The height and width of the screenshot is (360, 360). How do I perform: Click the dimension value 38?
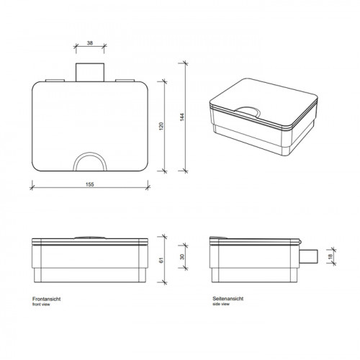tap(90, 43)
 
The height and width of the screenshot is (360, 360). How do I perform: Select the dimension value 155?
tap(90, 184)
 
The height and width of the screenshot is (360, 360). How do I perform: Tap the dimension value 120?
tap(161, 126)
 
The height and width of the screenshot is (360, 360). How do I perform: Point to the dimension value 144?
tap(182, 117)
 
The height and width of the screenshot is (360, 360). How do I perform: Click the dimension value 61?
tap(161, 260)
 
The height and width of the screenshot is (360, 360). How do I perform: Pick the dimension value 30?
tap(182, 257)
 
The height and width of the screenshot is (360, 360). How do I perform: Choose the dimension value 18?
tap(330, 256)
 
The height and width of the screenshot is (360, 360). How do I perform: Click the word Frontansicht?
tap(47, 299)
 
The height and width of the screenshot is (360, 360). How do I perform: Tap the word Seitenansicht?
tap(228, 299)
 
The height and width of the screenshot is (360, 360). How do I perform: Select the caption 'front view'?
tap(41, 305)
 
